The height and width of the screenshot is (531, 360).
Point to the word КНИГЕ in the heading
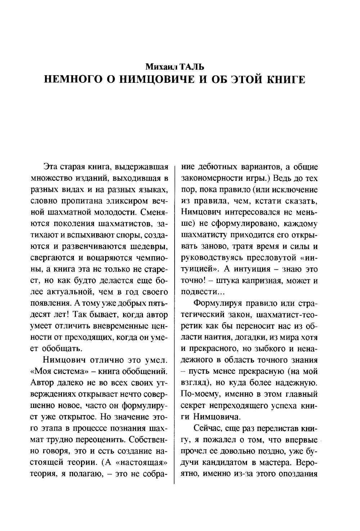point(285,80)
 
